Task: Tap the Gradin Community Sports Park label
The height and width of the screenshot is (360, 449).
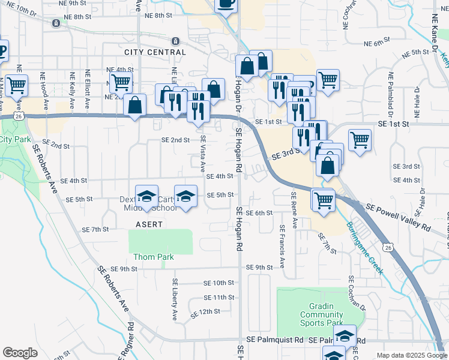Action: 321,314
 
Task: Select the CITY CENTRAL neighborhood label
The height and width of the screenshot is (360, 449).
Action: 155,52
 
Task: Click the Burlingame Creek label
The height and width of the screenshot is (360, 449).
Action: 364,248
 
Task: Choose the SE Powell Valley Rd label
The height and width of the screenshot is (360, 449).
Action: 397,217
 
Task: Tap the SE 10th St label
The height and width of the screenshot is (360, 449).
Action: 218,283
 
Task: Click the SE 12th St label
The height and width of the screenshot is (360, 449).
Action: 206,313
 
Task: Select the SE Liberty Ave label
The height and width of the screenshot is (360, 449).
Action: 176,298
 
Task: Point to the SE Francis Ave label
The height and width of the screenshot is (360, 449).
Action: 282,247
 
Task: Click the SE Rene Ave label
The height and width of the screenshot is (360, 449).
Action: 294,211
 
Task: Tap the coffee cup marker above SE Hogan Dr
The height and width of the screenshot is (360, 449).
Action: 226,4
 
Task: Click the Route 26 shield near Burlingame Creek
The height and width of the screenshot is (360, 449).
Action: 388,247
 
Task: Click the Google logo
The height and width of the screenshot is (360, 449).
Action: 20,353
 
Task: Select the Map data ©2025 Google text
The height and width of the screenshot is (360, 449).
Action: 411,355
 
